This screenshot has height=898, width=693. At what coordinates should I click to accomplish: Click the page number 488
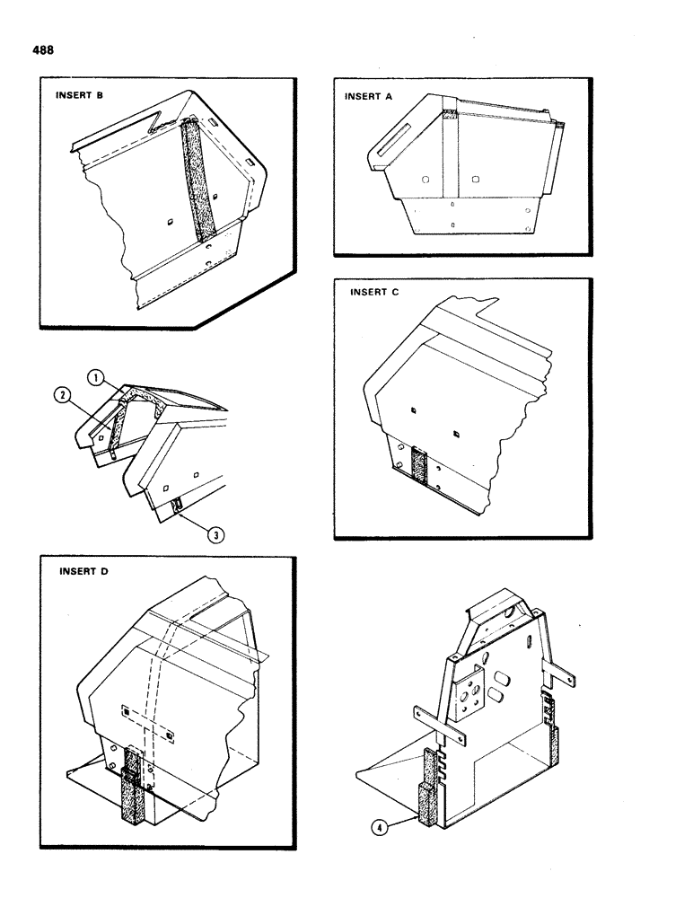pos(41,50)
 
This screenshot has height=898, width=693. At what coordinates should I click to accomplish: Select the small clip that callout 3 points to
pos(178,510)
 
